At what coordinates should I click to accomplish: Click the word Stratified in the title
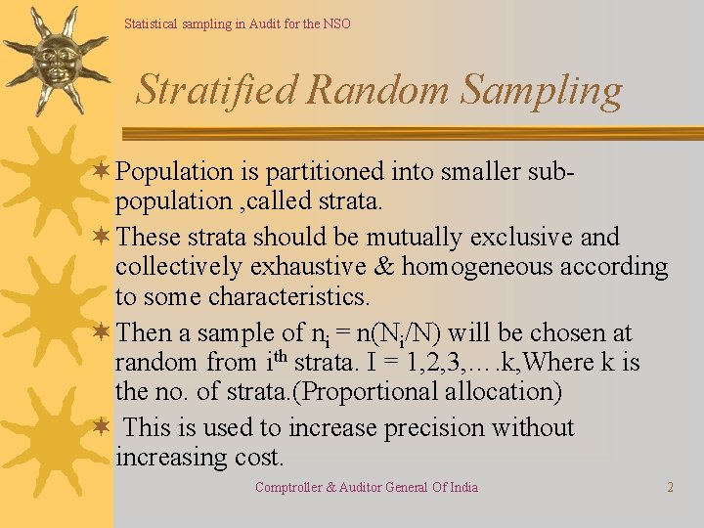217,90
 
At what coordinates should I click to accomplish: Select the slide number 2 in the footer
670,487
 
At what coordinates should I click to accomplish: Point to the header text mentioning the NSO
237,23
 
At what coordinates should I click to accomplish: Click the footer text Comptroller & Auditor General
367,487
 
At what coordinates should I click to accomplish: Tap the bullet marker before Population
101,172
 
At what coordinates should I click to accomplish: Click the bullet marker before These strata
101,238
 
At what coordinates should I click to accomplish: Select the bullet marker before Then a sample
101,333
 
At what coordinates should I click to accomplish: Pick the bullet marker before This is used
101,428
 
